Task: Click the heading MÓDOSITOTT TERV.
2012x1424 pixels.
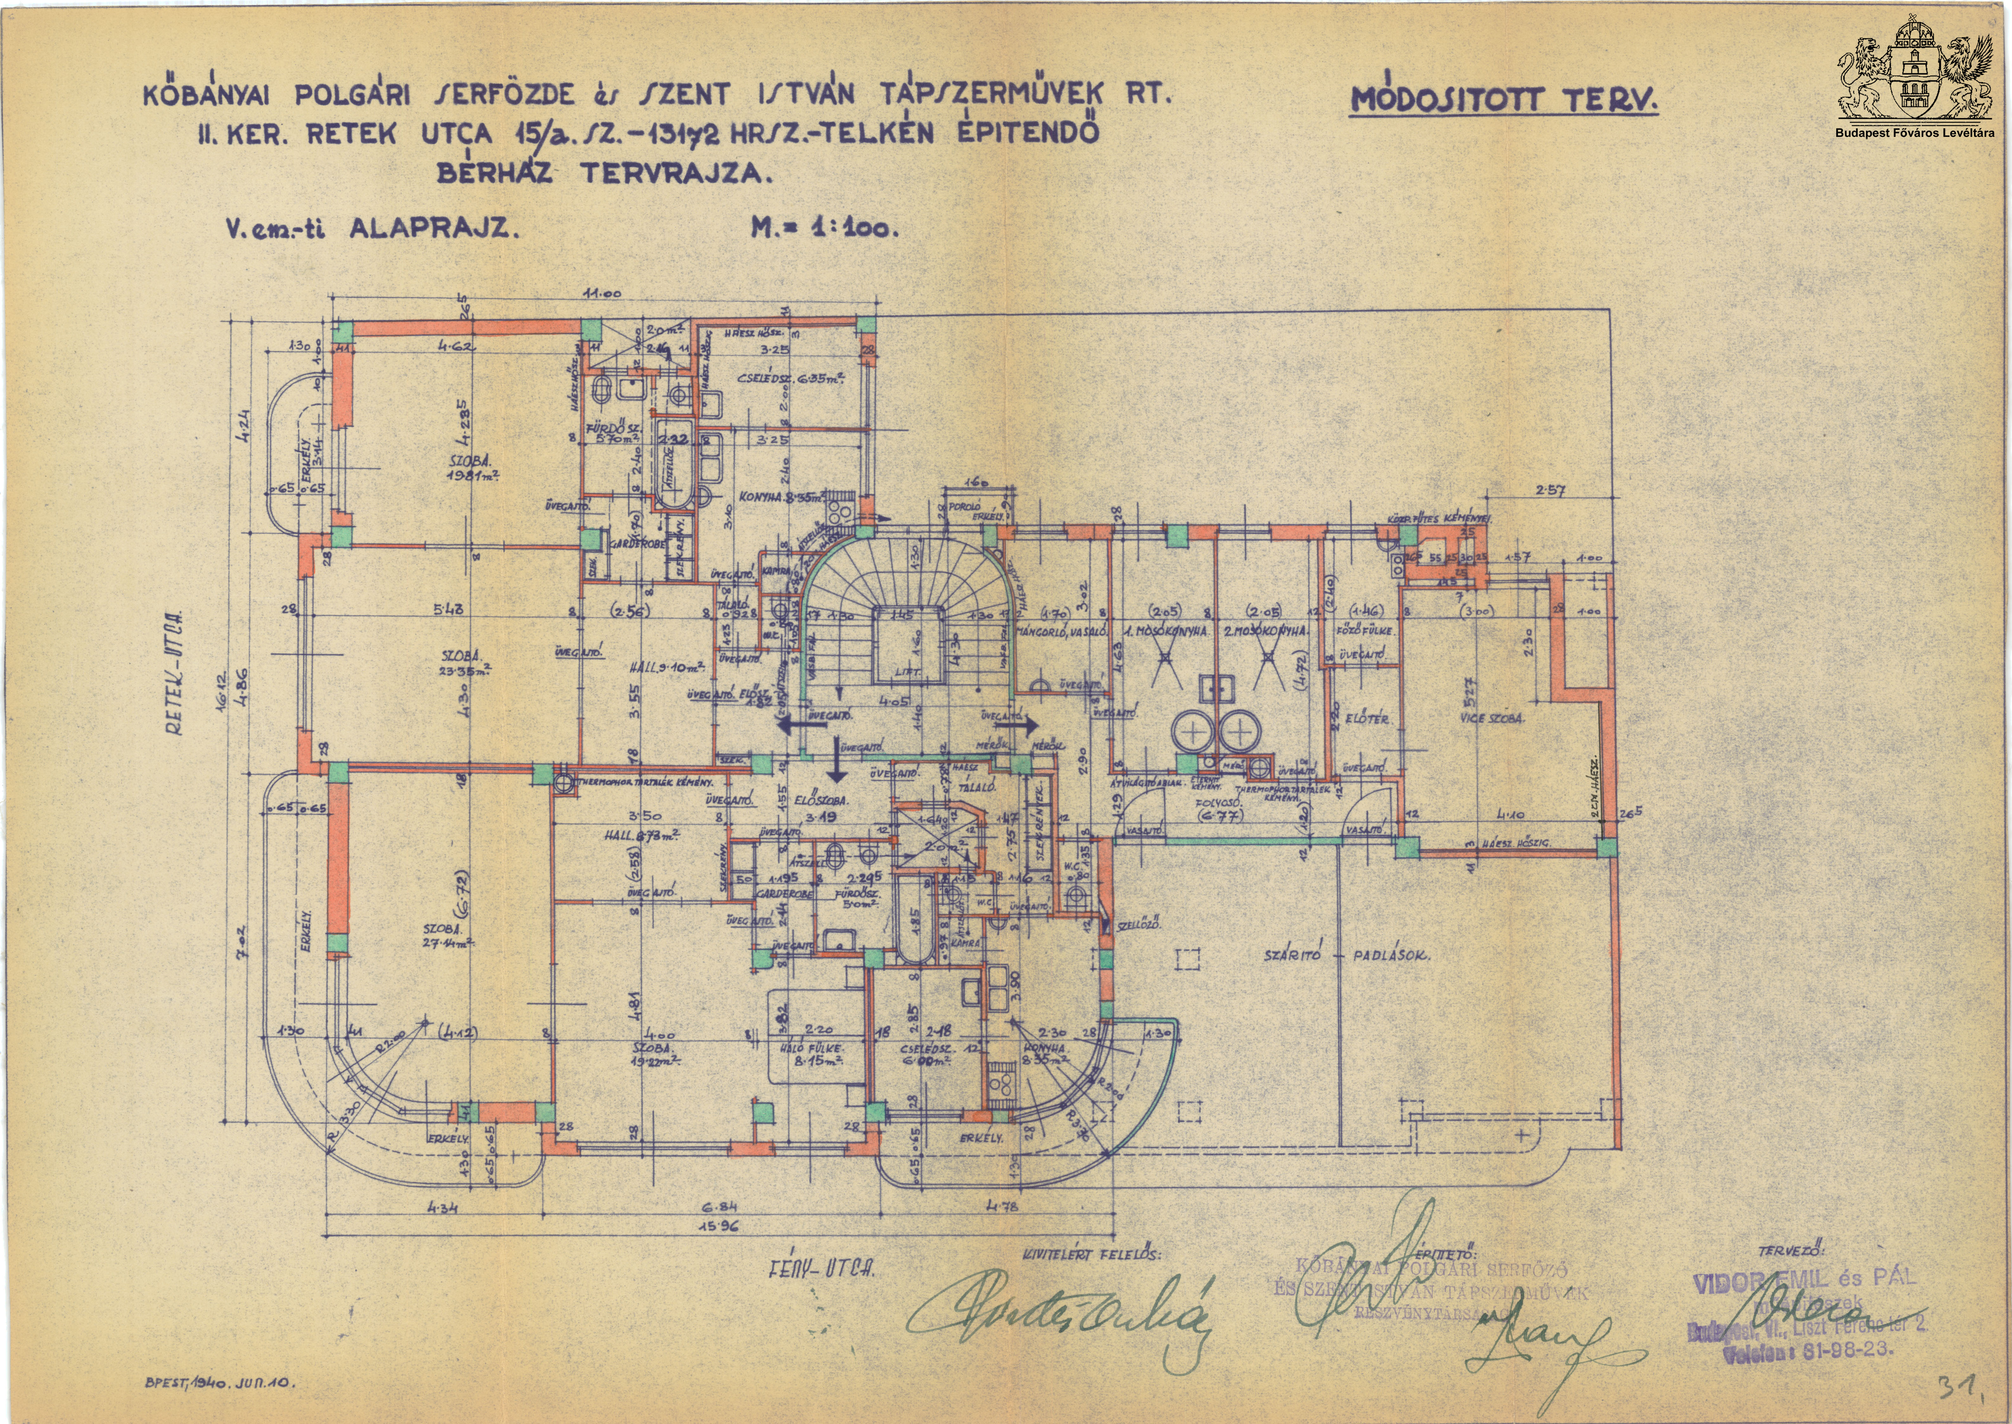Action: point(1504,100)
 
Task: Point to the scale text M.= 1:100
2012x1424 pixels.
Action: point(824,230)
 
